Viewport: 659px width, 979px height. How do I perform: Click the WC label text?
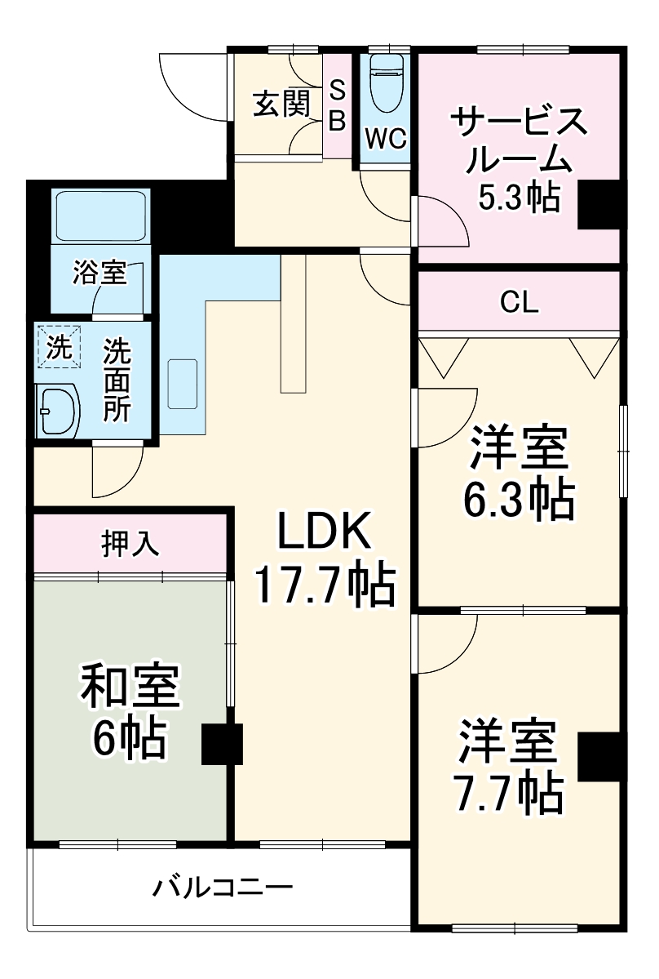point(386,139)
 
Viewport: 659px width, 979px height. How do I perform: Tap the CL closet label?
point(520,303)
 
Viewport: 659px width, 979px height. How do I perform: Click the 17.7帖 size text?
point(325,585)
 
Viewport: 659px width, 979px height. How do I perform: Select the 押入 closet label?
point(129,543)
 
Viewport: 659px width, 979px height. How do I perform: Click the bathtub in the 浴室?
point(100,216)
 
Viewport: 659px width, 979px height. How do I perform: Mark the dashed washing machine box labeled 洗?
point(59,346)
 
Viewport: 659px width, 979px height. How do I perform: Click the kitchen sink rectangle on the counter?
point(183,383)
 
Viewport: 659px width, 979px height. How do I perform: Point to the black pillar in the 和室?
point(222,745)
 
